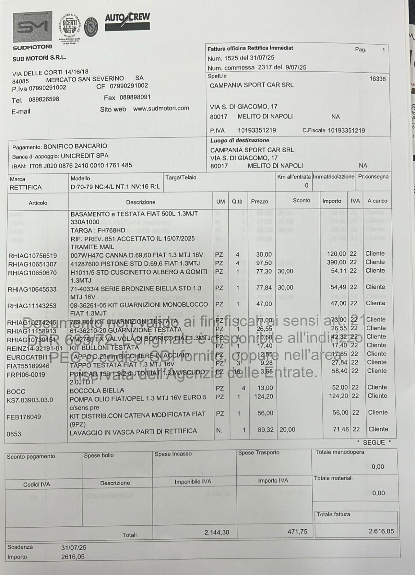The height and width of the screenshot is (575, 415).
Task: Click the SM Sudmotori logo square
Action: pos(32,27)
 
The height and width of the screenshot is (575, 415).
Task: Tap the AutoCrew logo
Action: pos(127,22)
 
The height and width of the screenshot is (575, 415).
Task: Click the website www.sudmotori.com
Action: pos(161,108)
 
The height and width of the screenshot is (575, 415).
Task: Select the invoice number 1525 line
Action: pos(241,58)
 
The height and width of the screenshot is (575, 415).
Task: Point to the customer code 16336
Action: pos(377,79)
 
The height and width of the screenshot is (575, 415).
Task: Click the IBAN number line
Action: pos(72,166)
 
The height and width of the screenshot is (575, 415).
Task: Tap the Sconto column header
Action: pos(301,201)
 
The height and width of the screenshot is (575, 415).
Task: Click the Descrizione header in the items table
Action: pos(140,202)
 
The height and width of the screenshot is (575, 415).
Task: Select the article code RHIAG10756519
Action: pos(32,256)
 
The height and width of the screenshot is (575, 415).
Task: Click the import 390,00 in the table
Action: pos(337,262)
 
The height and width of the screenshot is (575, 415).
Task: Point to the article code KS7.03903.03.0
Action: pos(30,400)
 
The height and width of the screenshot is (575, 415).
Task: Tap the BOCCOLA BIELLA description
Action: pos(97,391)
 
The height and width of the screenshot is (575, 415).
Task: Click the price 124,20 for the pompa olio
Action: pos(264,396)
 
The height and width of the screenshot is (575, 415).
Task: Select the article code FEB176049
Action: pos(24,417)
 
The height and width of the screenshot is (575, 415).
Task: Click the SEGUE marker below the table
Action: pos(374,443)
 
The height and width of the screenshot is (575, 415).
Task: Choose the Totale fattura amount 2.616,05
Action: pos(381,531)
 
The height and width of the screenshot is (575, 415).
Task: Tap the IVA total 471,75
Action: pos(297,532)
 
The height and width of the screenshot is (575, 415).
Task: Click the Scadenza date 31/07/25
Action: pos(74,548)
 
